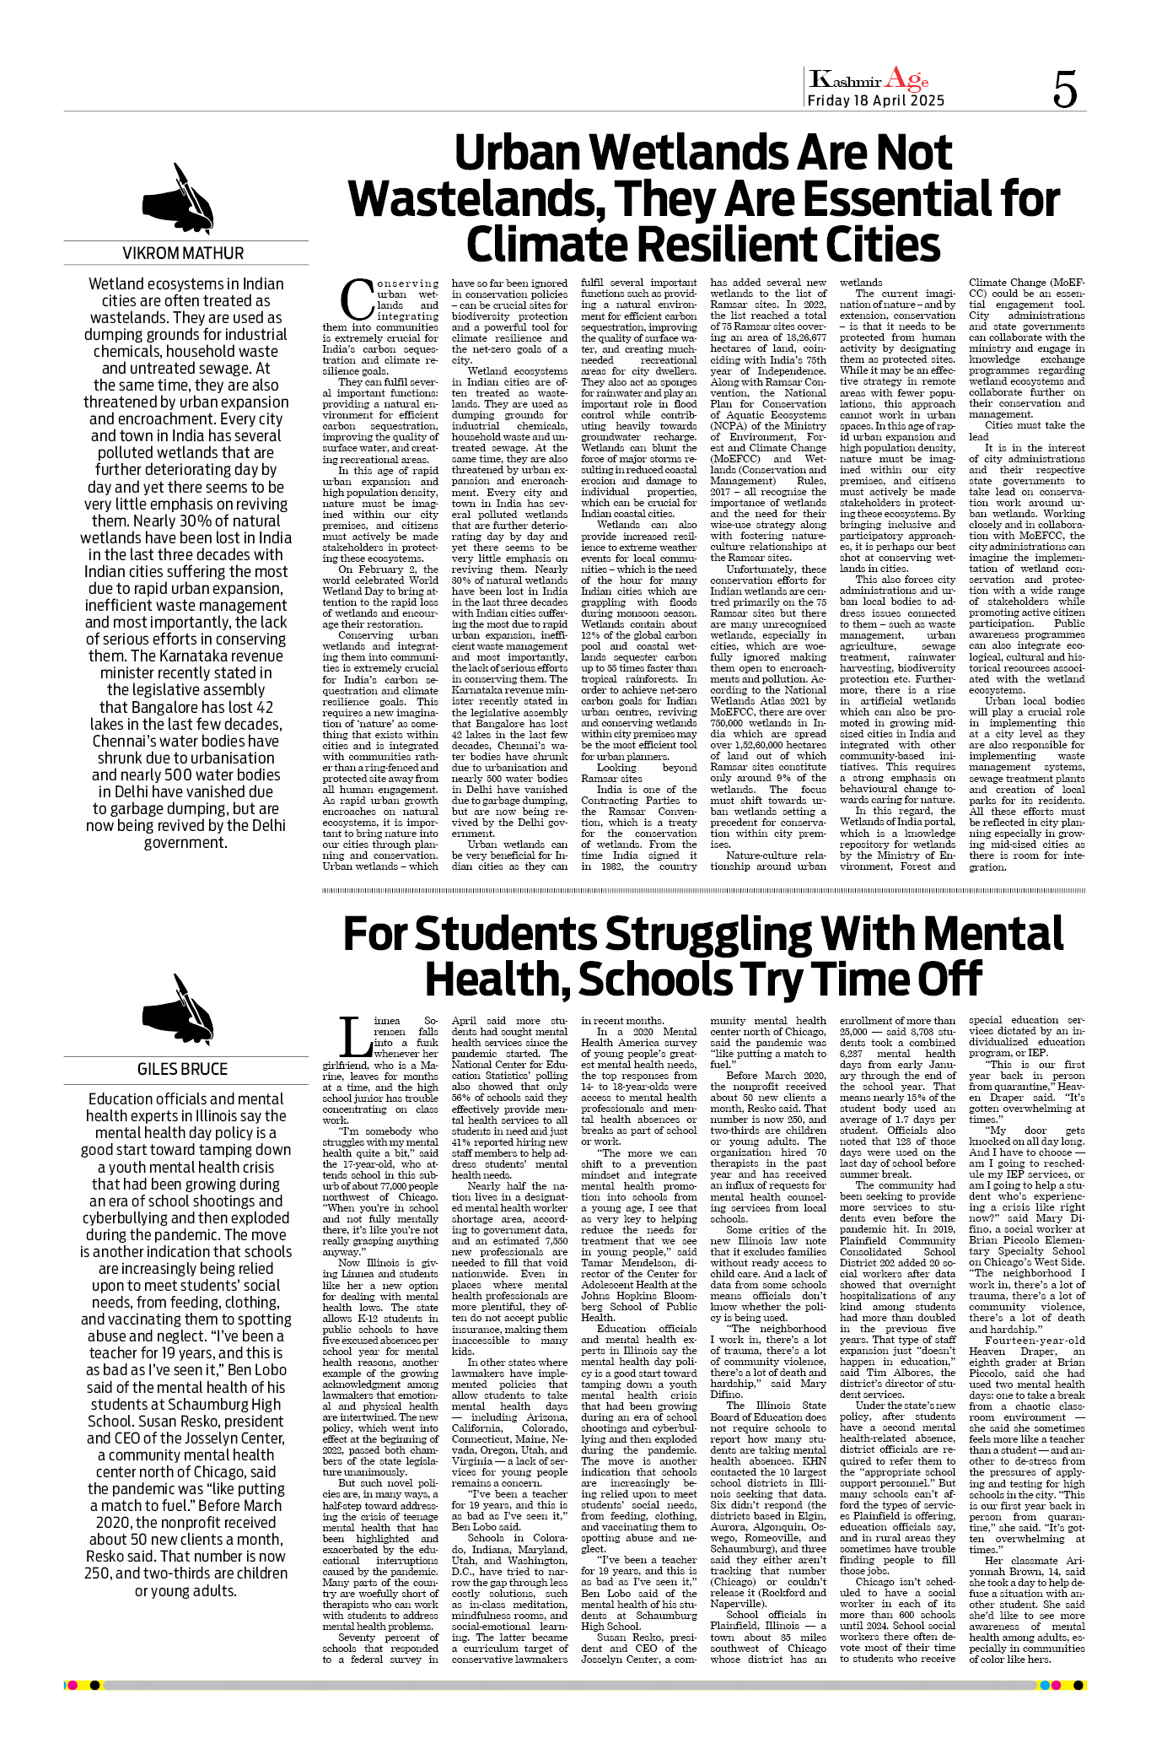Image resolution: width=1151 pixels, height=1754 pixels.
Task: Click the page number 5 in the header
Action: (1065, 89)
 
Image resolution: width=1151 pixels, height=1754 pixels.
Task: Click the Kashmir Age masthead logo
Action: (869, 80)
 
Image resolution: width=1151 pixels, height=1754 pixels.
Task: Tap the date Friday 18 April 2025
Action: (875, 100)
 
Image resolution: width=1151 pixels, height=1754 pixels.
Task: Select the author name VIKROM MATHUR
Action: (183, 253)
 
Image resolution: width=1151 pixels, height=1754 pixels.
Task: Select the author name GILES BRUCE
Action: (183, 1069)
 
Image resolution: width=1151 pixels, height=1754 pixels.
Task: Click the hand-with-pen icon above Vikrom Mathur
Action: (180, 198)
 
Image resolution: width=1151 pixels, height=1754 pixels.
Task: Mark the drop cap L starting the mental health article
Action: (355, 1036)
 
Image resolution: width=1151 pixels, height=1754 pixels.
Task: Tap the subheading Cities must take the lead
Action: (1025, 431)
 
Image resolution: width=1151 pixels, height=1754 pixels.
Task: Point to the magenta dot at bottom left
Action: (73, 1685)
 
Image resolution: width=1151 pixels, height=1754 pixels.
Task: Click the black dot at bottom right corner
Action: (1078, 1685)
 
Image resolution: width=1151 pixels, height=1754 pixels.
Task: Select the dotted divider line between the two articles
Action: (703, 890)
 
